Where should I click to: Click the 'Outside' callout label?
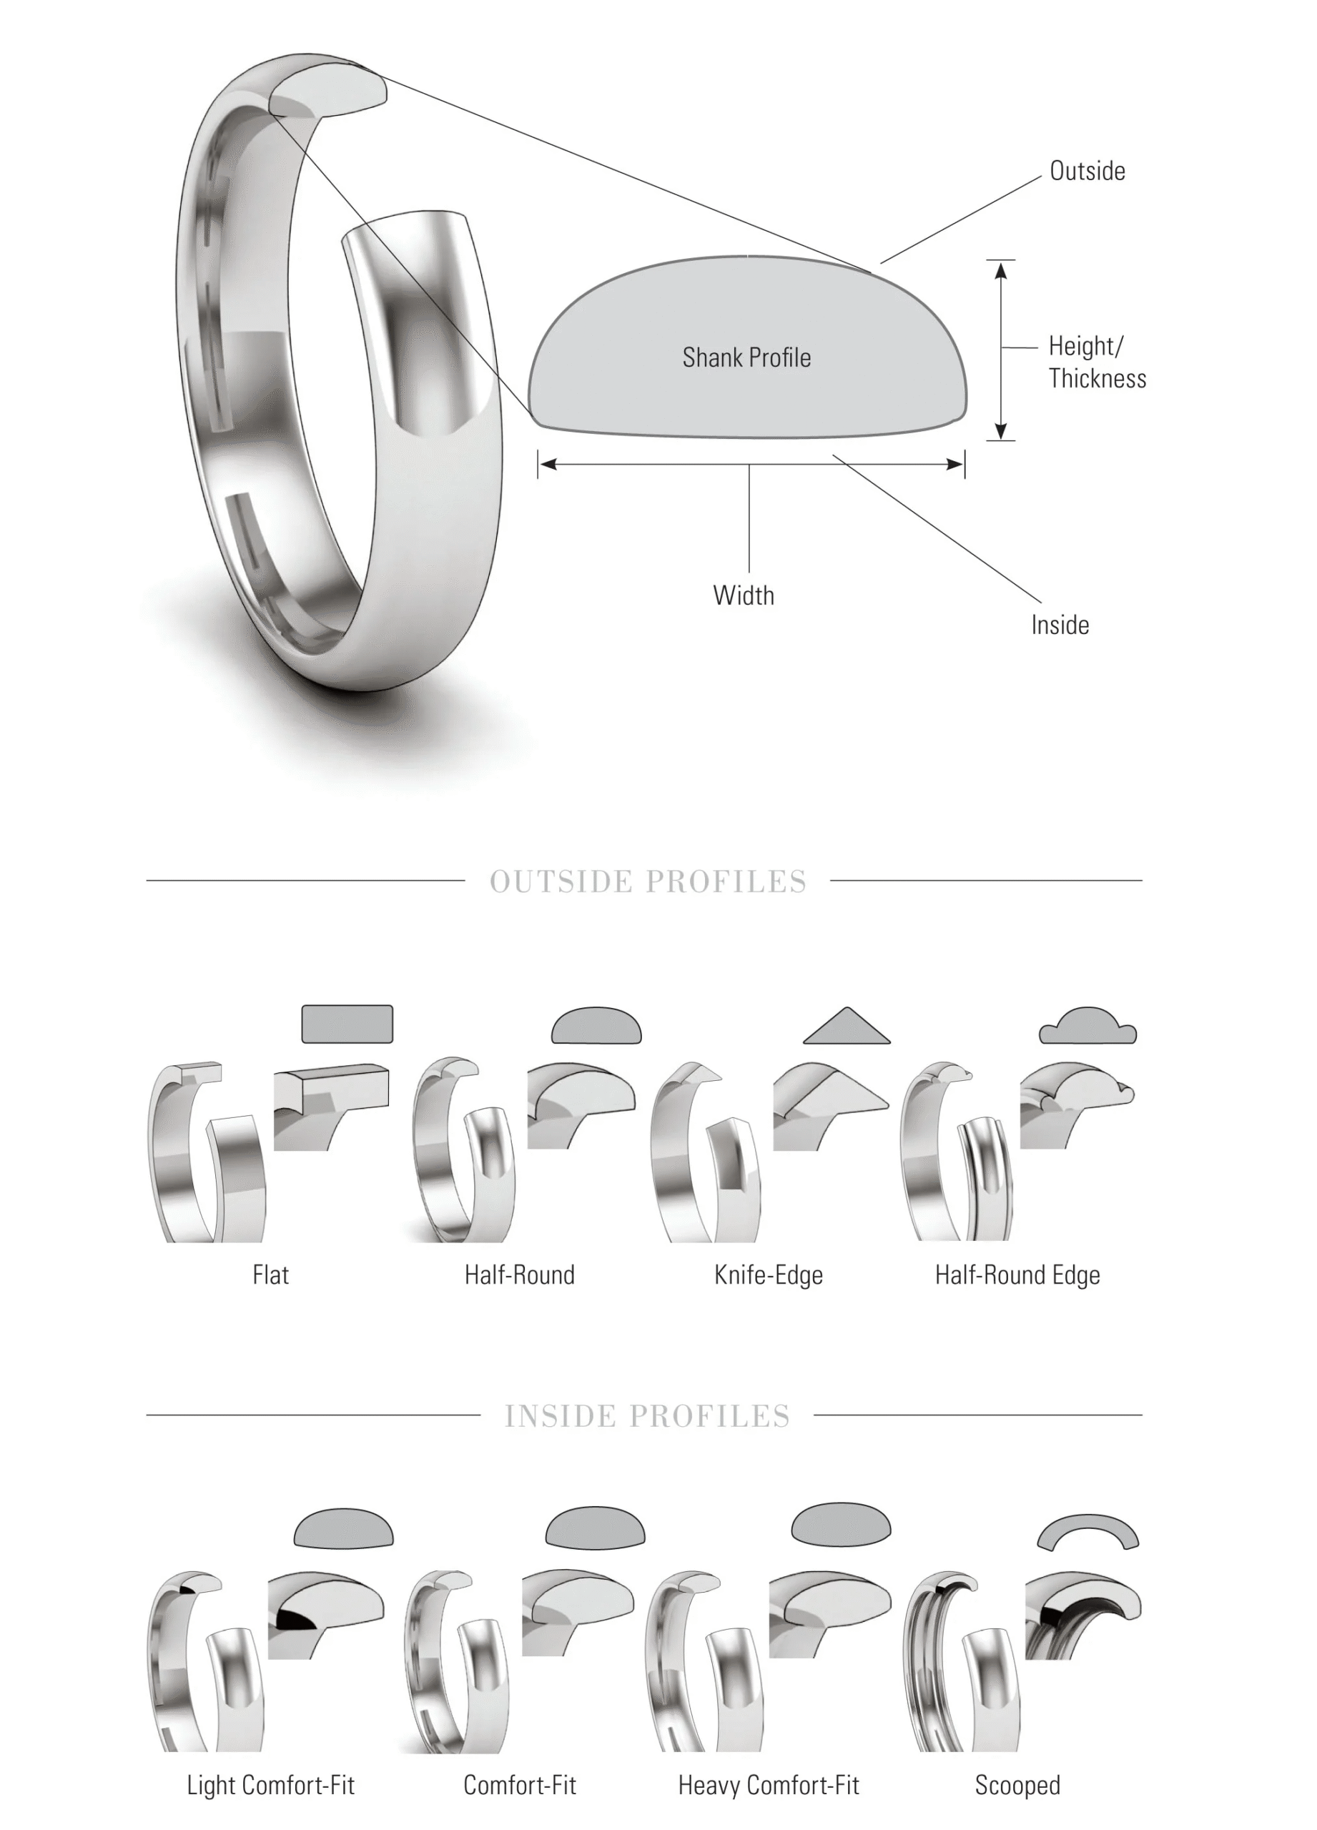click(x=1086, y=171)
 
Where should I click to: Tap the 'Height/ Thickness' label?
click(x=1096, y=362)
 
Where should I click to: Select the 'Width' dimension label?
click(x=744, y=595)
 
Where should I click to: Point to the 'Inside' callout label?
click(x=1060, y=625)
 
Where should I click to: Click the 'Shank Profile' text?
click(x=746, y=357)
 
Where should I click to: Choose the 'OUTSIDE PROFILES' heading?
click(x=648, y=882)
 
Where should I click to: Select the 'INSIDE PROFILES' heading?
click(x=647, y=1416)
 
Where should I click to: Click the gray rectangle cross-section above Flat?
click(x=347, y=1024)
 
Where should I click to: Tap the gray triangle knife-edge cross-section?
click(x=847, y=1029)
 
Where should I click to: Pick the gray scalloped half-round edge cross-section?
click(x=1087, y=1027)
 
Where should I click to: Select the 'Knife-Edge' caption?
click(x=768, y=1276)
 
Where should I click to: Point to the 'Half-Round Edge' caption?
click(x=1017, y=1276)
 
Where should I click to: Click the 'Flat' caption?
click(x=270, y=1276)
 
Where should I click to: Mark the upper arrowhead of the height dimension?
click(x=1001, y=269)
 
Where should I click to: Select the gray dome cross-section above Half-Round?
click(x=596, y=1027)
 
